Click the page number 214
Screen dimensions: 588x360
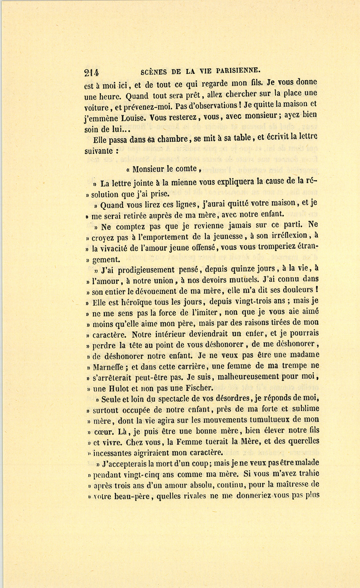tap(92, 72)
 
